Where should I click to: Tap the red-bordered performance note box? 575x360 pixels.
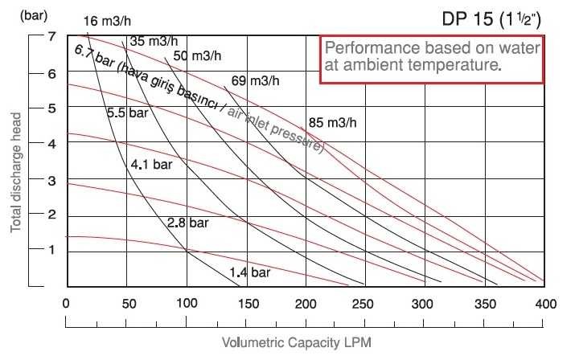click(x=433, y=59)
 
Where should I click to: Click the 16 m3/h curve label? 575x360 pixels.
click(x=109, y=20)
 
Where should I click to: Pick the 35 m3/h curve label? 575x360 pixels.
click(x=154, y=40)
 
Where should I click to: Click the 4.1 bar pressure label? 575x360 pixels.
click(x=152, y=165)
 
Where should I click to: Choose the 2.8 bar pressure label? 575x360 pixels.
click(x=188, y=221)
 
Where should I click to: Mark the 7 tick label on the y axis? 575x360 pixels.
click(x=51, y=37)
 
